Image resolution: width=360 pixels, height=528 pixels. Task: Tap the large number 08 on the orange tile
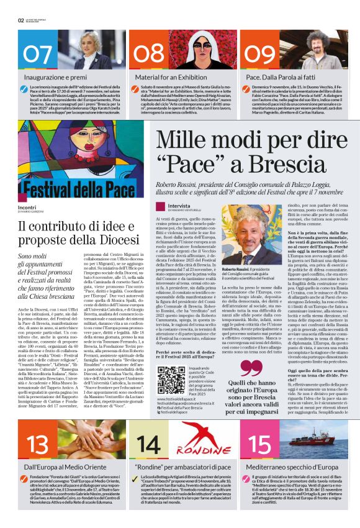coord(149,53)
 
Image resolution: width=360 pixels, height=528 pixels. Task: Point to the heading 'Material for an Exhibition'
coord(166,77)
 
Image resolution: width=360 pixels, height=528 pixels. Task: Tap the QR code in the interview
coord(171,380)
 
